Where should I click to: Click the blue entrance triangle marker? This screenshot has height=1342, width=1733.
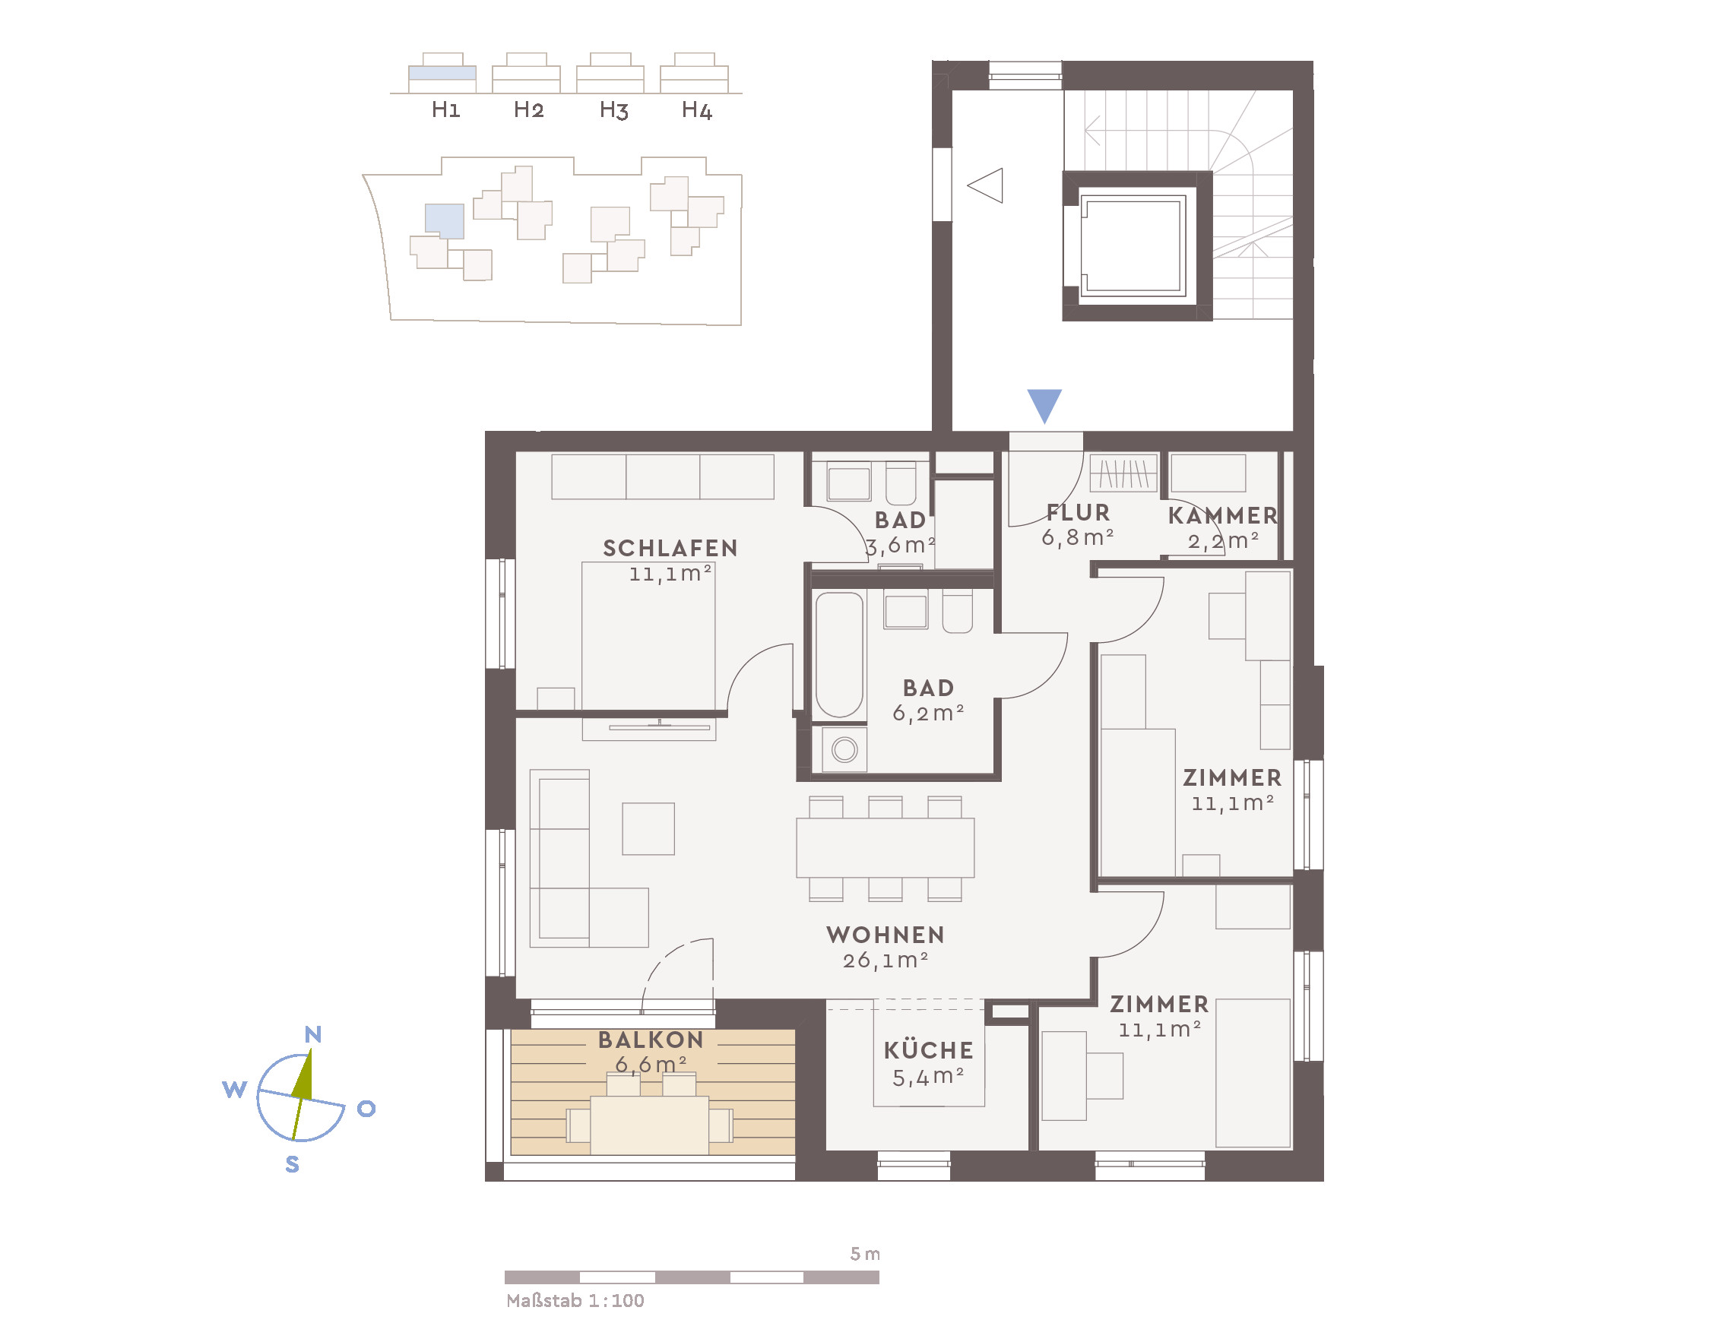(x=1044, y=404)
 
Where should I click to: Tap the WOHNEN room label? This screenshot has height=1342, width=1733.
(x=886, y=935)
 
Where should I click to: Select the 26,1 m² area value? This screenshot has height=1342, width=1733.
(x=886, y=961)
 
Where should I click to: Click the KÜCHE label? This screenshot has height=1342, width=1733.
(x=928, y=1051)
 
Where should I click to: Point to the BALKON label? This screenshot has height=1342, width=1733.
(x=651, y=1040)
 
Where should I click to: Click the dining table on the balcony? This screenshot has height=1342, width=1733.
(x=649, y=1125)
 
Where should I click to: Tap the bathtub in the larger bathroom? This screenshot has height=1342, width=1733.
(x=838, y=655)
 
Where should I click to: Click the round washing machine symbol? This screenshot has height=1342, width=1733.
(x=844, y=749)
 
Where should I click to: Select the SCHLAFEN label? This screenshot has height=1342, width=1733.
(x=670, y=548)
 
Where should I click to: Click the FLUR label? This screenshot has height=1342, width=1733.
(x=1078, y=512)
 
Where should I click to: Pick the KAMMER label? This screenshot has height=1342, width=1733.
(x=1223, y=515)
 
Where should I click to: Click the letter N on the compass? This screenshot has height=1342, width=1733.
(x=312, y=1034)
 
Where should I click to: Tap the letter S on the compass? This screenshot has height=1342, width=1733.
(x=292, y=1164)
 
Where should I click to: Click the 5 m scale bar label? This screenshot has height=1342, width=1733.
(x=865, y=1254)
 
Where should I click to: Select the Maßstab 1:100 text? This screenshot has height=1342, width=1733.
(x=575, y=1301)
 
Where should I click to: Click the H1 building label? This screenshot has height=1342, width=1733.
(x=446, y=109)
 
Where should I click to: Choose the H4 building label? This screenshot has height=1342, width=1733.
(x=697, y=109)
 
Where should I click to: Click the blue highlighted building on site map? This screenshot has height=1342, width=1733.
(x=445, y=220)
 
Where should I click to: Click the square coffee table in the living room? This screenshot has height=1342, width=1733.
(x=648, y=829)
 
